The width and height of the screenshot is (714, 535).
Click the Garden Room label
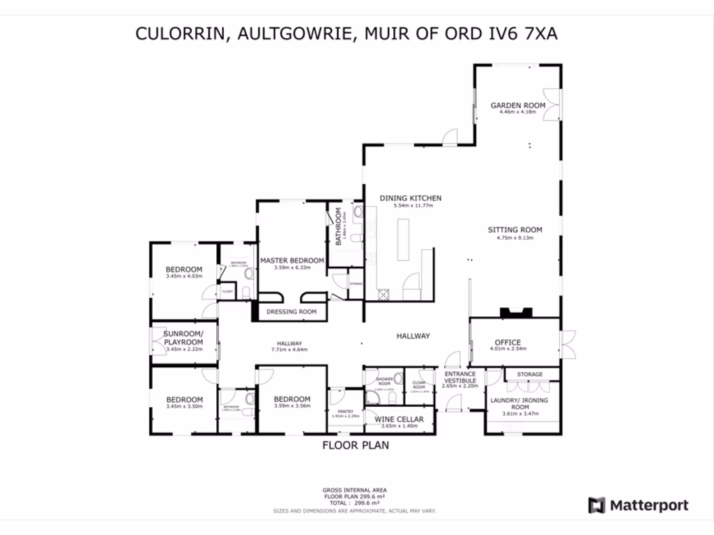[517, 106]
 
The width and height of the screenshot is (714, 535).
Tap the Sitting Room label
[515, 230]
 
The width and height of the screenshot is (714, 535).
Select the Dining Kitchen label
[410, 199]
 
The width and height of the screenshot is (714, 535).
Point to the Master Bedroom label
[291, 261]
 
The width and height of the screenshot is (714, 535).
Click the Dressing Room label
[291, 312]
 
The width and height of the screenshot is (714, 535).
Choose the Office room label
[508, 343]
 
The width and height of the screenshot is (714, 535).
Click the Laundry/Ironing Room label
[520, 404]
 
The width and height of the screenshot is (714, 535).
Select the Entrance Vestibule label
[460, 378]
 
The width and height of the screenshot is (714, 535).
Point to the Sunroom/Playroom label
[183, 339]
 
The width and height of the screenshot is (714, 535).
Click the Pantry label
[346, 412]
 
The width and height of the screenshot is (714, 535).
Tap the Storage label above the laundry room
[530, 375]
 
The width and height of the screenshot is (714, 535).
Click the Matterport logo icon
[596, 506]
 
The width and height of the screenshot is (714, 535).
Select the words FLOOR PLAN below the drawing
[355, 445]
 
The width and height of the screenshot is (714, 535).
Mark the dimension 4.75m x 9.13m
[515, 238]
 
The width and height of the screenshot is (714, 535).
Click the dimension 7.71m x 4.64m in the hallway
[289, 350]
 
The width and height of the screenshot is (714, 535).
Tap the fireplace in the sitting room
[515, 313]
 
